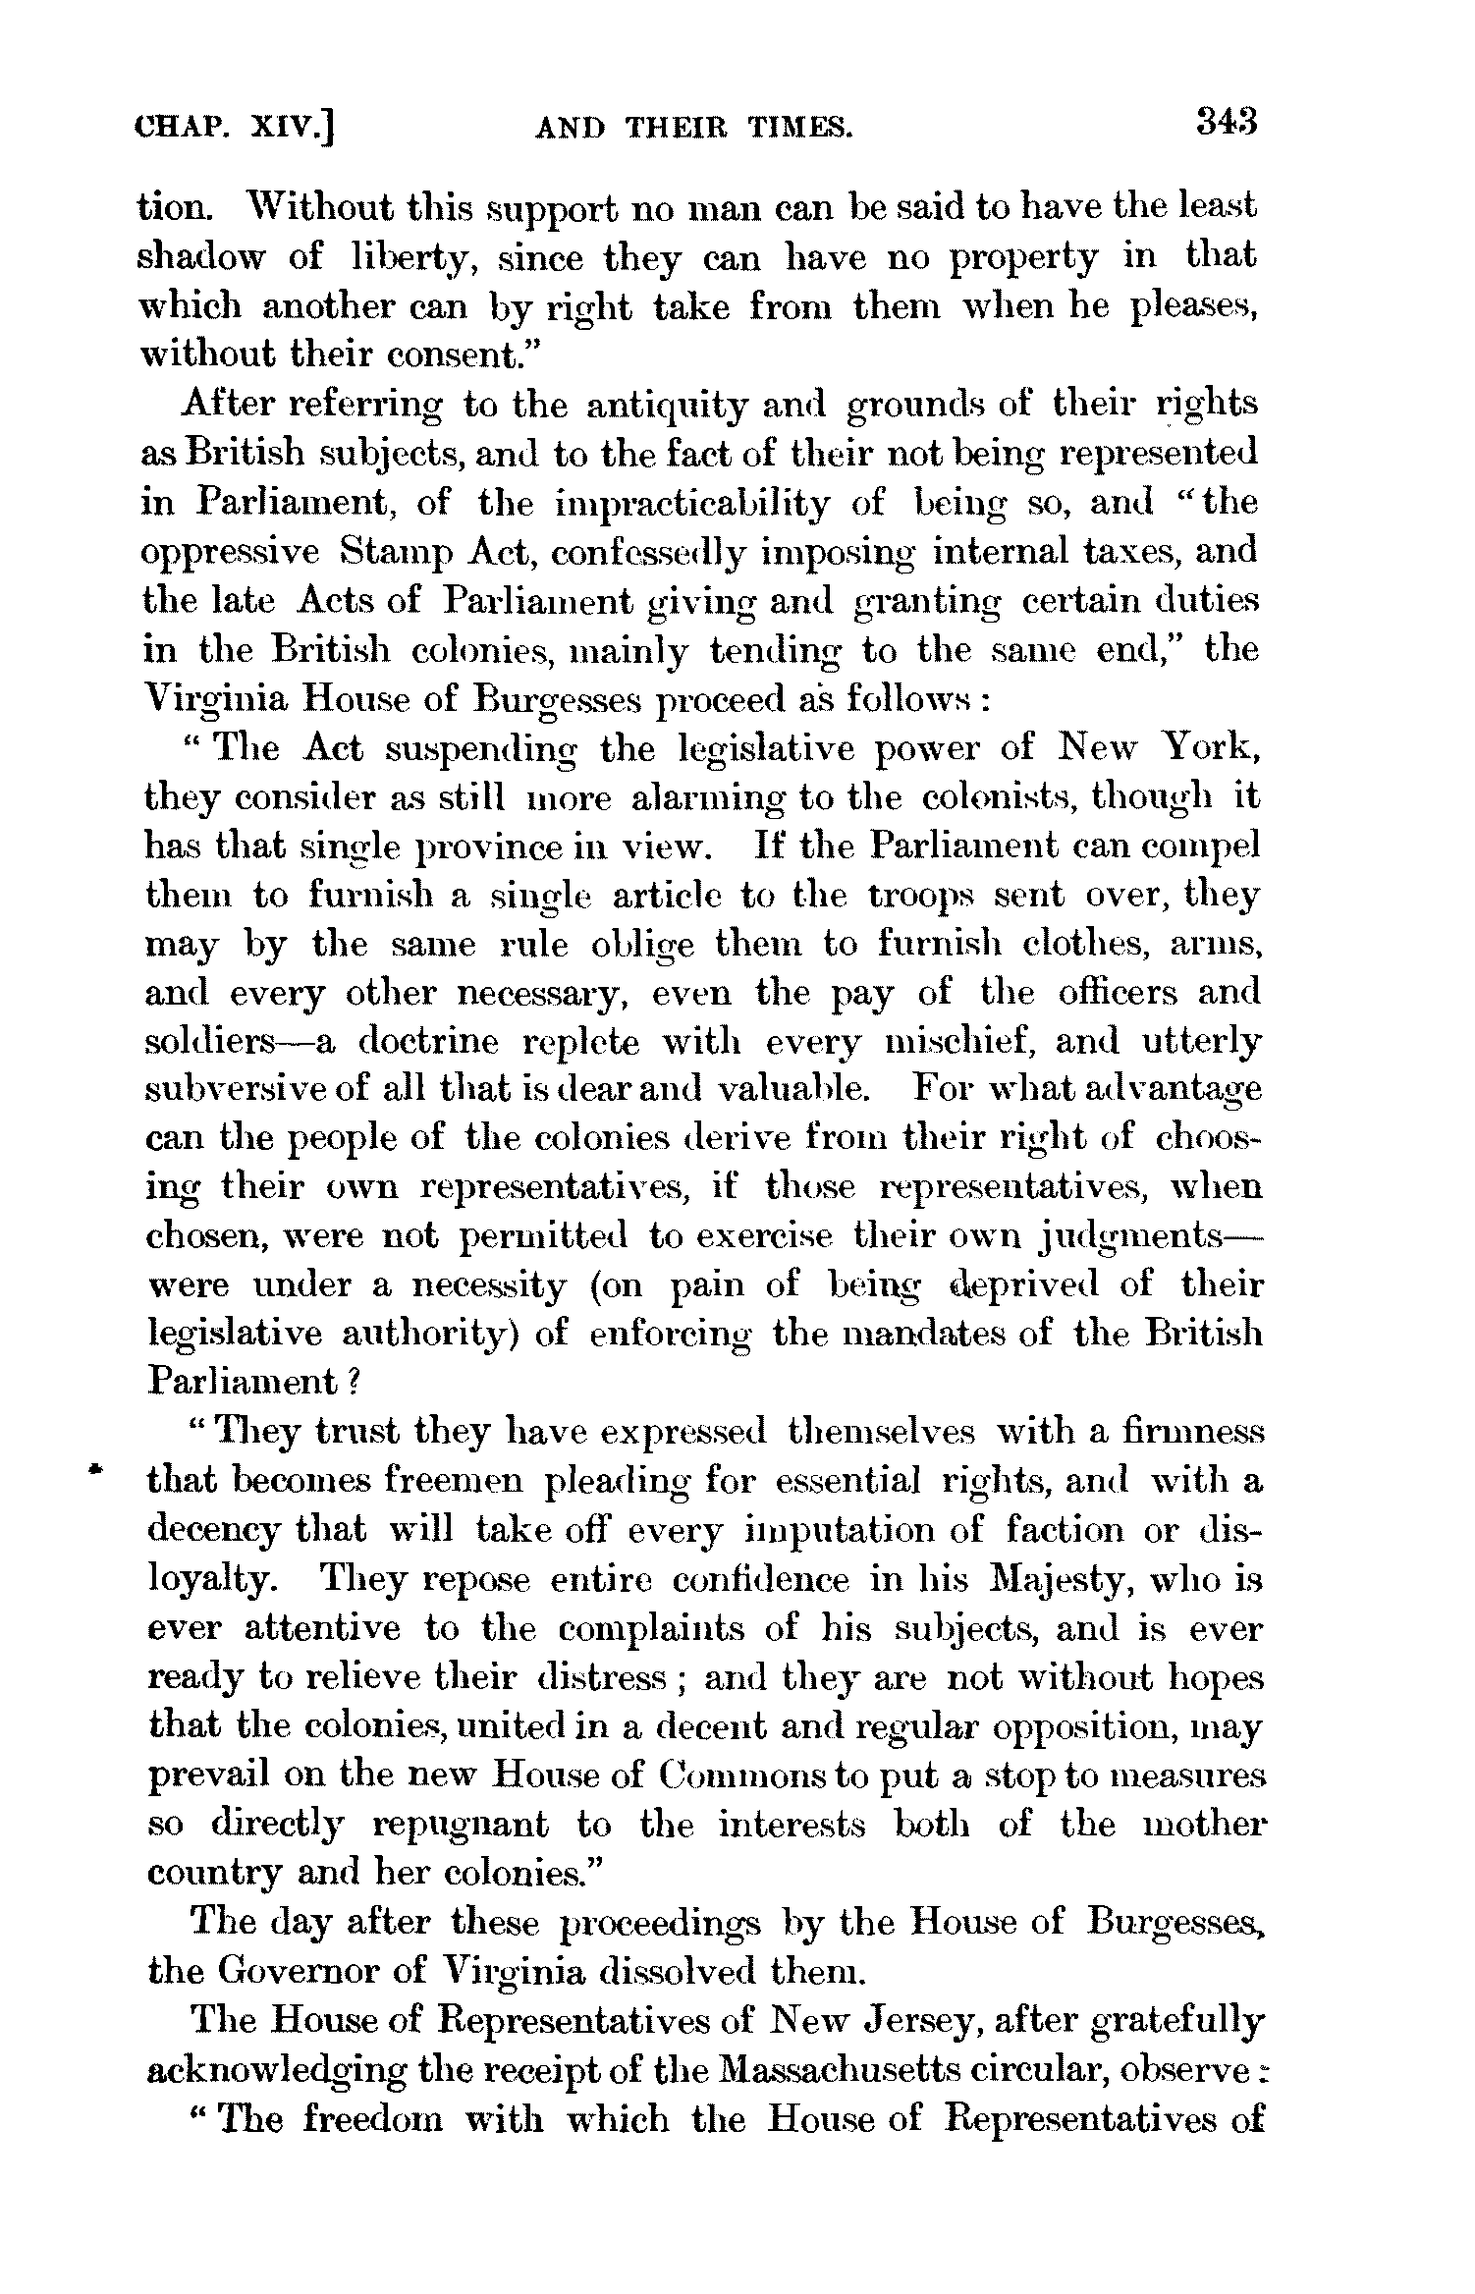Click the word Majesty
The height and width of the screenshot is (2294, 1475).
point(966,1580)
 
